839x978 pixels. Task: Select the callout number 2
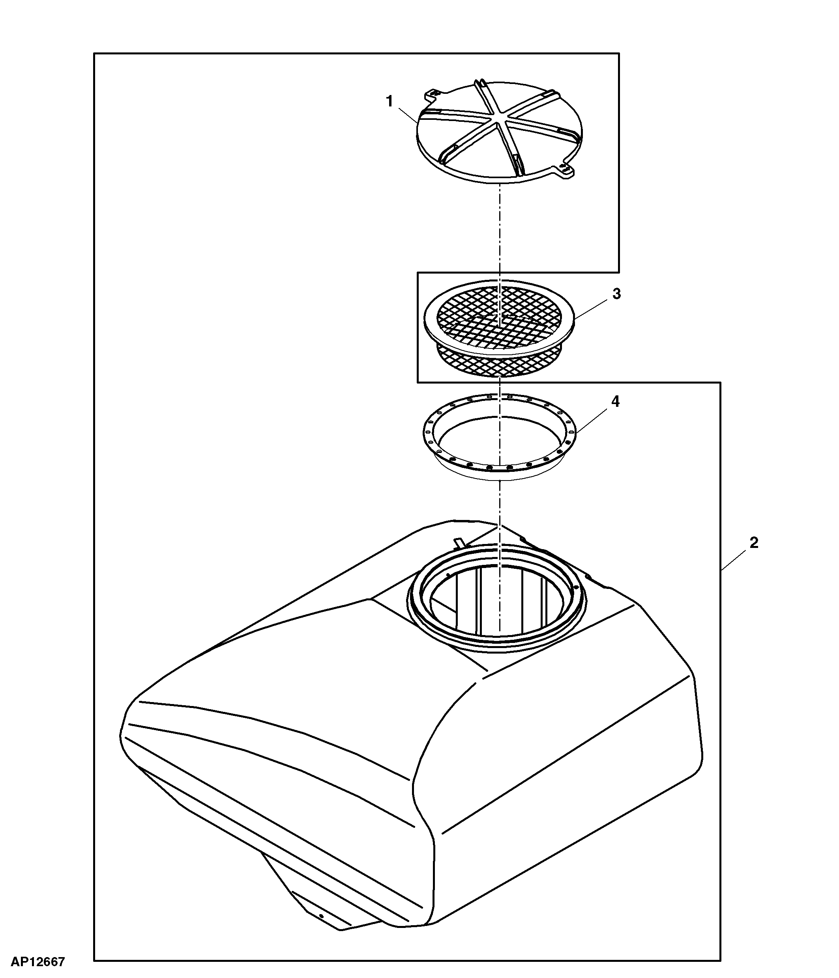point(754,543)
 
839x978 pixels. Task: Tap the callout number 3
point(616,294)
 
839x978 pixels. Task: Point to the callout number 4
point(616,401)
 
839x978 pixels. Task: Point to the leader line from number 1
point(407,115)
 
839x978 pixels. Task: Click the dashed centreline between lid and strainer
point(499,231)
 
